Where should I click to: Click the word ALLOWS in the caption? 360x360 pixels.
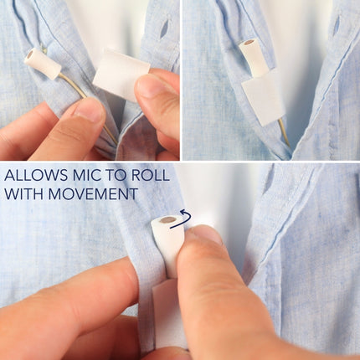click(36, 175)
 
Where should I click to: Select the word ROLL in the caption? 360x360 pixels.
click(150, 175)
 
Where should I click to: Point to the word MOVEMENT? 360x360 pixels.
click(93, 193)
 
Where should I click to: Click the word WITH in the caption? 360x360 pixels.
click(24, 193)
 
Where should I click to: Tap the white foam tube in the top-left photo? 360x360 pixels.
click(43, 63)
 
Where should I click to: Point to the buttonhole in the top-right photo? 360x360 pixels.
click(337, 25)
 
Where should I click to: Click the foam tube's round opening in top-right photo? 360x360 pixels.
click(248, 44)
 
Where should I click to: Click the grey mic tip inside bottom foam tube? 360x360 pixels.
click(167, 221)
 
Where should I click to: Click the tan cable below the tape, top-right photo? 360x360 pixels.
click(285, 132)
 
